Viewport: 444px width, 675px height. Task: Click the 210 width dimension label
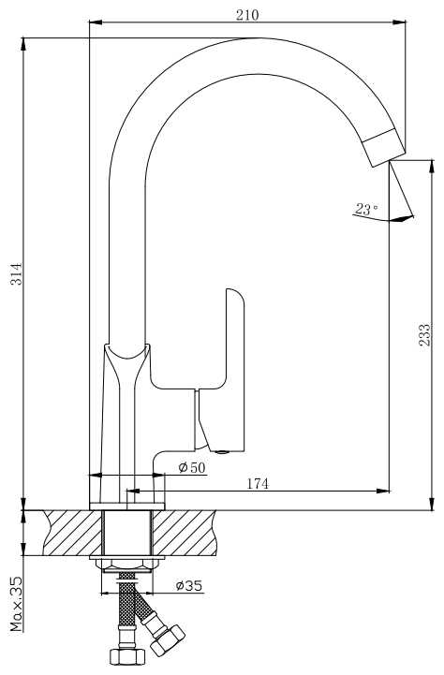point(247,15)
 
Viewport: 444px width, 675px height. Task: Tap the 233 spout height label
point(424,334)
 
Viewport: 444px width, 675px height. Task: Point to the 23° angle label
point(366,209)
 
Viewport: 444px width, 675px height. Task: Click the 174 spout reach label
point(257,484)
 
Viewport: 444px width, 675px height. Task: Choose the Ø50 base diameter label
point(192,467)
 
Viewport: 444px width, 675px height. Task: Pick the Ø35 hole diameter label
point(189,585)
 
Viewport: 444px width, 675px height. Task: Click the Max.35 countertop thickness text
point(16,604)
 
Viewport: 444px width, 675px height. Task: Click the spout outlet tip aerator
point(383,147)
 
